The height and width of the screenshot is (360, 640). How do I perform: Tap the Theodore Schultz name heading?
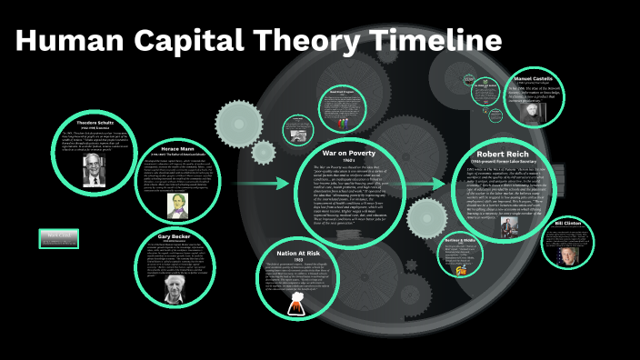point(95,124)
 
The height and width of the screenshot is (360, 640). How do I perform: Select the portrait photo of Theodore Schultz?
point(95,169)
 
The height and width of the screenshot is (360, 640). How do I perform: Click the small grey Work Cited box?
point(60,239)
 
